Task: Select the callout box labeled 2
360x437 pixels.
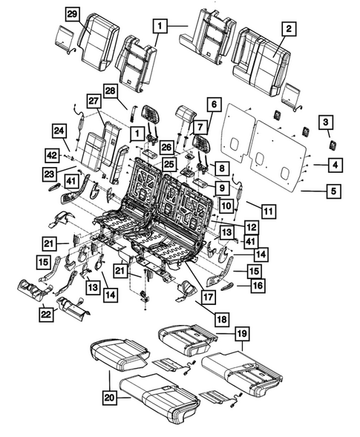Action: coord(289,30)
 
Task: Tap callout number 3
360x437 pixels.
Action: coord(326,123)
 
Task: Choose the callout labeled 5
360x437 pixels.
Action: coord(334,191)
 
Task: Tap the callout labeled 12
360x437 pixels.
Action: coord(252,226)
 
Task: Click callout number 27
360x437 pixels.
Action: coord(95,102)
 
